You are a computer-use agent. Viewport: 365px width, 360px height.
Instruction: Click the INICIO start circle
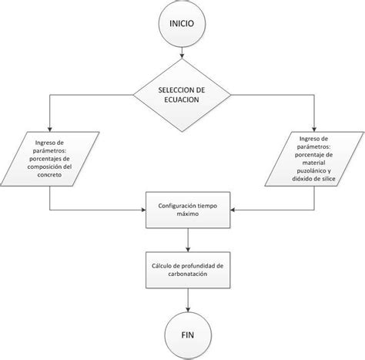pos(182,22)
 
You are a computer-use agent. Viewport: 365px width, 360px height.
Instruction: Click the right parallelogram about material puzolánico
pos(314,160)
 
